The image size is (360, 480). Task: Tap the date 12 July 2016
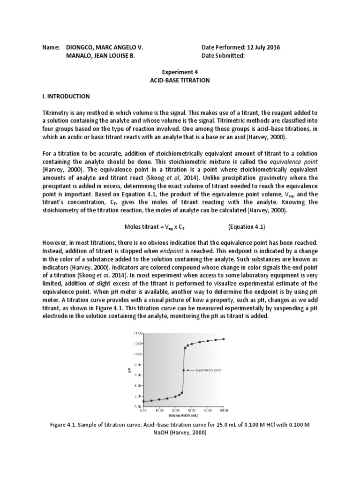pos(263,48)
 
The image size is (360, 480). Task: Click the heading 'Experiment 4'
pos(180,72)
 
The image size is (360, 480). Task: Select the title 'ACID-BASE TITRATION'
pos(180,80)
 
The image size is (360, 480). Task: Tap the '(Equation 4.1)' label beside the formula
pos(247,227)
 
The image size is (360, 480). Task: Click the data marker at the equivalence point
pos(183,370)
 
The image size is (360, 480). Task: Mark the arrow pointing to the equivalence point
pos(191,370)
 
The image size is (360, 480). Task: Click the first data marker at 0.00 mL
pos(143,402)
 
